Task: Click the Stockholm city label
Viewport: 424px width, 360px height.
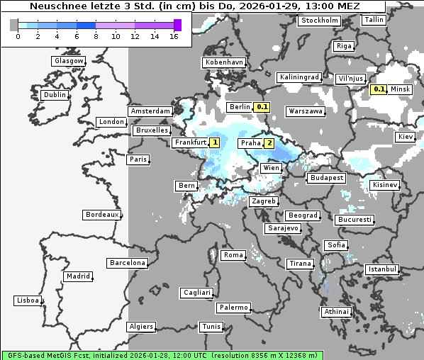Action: click(x=319, y=21)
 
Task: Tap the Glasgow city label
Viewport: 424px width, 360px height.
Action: click(x=69, y=61)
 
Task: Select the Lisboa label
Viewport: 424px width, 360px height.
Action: click(x=28, y=300)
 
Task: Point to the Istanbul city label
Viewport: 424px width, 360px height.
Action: click(x=382, y=269)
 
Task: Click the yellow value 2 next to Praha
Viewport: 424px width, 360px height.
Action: click(x=269, y=143)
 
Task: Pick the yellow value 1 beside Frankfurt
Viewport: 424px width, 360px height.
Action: click(x=215, y=142)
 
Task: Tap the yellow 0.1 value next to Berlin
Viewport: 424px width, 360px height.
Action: click(x=262, y=107)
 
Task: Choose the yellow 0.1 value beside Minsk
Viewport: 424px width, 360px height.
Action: click(x=379, y=89)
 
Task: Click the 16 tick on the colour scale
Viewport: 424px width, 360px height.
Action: click(x=174, y=36)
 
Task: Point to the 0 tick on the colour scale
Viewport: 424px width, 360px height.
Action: click(x=18, y=36)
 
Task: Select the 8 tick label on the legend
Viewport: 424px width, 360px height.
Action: click(x=96, y=36)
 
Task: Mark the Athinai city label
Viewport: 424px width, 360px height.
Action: click(x=336, y=311)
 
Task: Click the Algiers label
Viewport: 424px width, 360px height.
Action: click(x=140, y=327)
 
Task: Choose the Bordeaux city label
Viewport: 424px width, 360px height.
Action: click(x=102, y=214)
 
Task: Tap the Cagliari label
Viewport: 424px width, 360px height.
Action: click(x=196, y=292)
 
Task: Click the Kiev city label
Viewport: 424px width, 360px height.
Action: click(x=406, y=136)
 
